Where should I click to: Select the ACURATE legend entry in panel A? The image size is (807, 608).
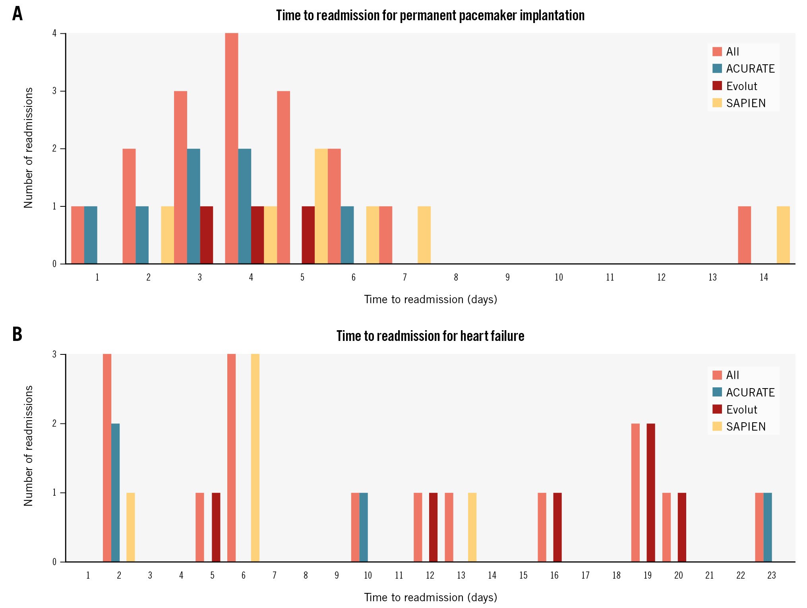743,69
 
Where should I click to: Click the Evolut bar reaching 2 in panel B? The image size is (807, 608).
650,493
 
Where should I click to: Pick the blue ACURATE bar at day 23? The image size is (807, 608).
767,527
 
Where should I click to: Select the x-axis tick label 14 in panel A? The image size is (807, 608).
763,277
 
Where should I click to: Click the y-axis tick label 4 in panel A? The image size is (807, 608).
54,33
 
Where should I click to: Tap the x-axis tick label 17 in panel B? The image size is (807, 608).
585,575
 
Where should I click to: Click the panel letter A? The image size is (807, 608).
17,14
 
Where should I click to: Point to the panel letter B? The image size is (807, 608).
17,334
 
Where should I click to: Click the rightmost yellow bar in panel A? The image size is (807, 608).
783,235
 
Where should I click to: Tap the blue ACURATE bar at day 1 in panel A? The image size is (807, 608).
91,235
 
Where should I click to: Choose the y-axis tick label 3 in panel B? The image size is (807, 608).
54,354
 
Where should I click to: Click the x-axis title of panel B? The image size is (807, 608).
430,597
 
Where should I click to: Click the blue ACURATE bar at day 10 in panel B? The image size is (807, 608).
364,527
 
